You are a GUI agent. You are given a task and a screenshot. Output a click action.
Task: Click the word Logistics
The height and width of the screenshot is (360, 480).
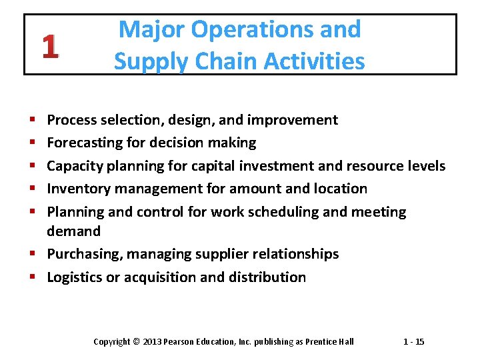coord(74,277)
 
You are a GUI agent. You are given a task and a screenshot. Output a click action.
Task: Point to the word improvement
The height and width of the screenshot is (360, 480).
coord(293,120)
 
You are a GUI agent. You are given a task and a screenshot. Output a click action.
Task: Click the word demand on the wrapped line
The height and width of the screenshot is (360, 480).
coord(73,231)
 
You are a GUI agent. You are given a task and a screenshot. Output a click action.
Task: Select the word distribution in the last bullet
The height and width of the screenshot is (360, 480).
coord(267,277)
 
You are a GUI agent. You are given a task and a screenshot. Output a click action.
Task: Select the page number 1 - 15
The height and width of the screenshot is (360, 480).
coord(414,342)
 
